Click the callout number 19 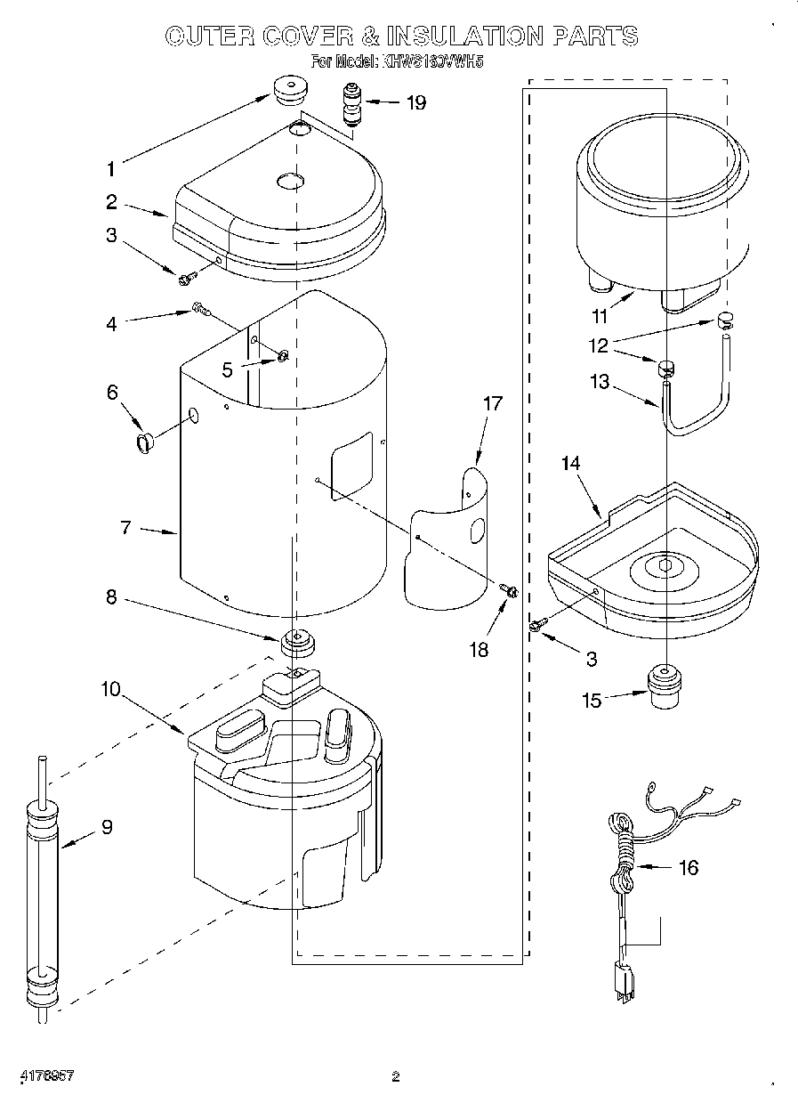tap(415, 102)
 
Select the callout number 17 tap(493, 403)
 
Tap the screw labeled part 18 tap(511, 591)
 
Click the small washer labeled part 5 tap(283, 357)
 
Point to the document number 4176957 tap(44, 1076)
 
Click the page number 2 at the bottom tap(395, 1077)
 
